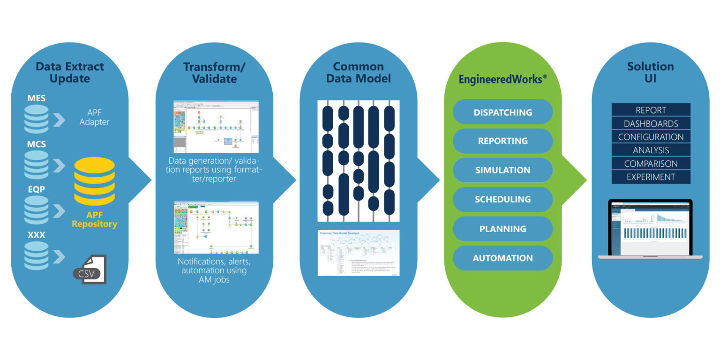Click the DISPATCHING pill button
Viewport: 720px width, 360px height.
pyautogui.click(x=502, y=112)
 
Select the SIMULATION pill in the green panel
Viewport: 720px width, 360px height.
pyautogui.click(x=502, y=170)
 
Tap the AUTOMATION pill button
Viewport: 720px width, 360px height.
pyautogui.click(x=502, y=258)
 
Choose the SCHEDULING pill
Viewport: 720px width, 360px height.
pyautogui.click(x=502, y=199)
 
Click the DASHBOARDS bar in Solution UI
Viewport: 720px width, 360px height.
pyautogui.click(x=651, y=124)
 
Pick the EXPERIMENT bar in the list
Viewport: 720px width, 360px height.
pyautogui.click(x=651, y=177)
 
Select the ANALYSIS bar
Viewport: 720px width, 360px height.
pyautogui.click(x=651, y=150)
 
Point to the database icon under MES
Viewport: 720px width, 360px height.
pyautogui.click(x=37, y=119)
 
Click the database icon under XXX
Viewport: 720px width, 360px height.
pyautogui.click(x=37, y=255)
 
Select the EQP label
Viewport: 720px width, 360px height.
pyautogui.click(x=37, y=190)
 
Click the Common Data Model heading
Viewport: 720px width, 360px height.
pyautogui.click(x=358, y=72)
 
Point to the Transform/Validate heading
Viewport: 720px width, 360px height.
pyautogui.click(x=214, y=72)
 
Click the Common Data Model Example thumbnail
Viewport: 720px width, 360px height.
pyautogui.click(x=359, y=253)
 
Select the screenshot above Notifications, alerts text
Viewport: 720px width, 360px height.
pyautogui.click(x=216, y=227)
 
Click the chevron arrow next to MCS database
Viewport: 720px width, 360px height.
pyautogui.click(x=60, y=165)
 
